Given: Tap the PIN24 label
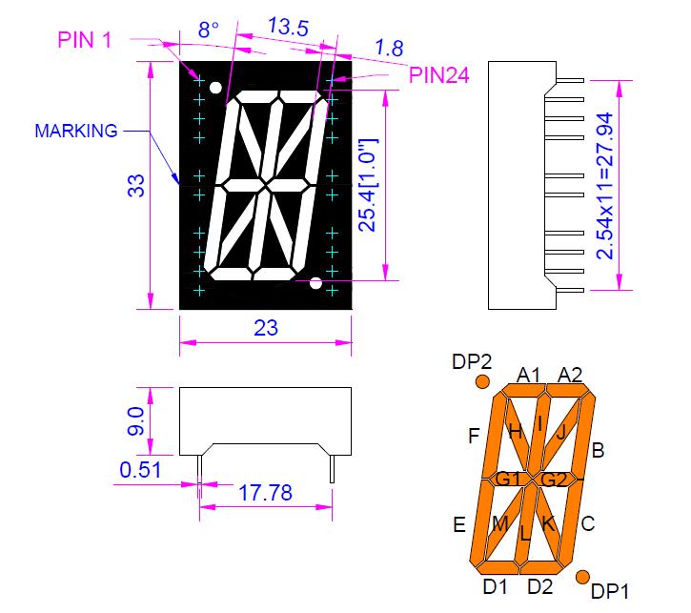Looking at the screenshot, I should [439, 77].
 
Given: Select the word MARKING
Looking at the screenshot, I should [76, 131].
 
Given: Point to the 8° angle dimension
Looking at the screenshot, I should [209, 31].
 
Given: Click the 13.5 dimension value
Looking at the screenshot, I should [288, 27].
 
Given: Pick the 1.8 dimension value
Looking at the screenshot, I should [389, 47].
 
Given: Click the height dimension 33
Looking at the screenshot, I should [136, 185].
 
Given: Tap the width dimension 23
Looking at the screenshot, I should [266, 328].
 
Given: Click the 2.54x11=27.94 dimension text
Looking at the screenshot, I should [604, 186].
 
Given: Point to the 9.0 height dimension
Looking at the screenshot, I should [136, 421].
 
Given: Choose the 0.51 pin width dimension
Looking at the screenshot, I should [140, 469].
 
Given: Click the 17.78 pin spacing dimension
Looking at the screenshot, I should [264, 493].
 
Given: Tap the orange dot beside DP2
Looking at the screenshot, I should [482, 382].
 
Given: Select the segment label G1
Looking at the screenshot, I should [506, 478].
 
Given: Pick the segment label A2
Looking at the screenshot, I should [570, 375].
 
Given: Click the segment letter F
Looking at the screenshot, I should [473, 437].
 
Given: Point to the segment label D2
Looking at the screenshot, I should [539, 585].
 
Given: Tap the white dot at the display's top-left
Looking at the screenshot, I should [216, 89].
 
